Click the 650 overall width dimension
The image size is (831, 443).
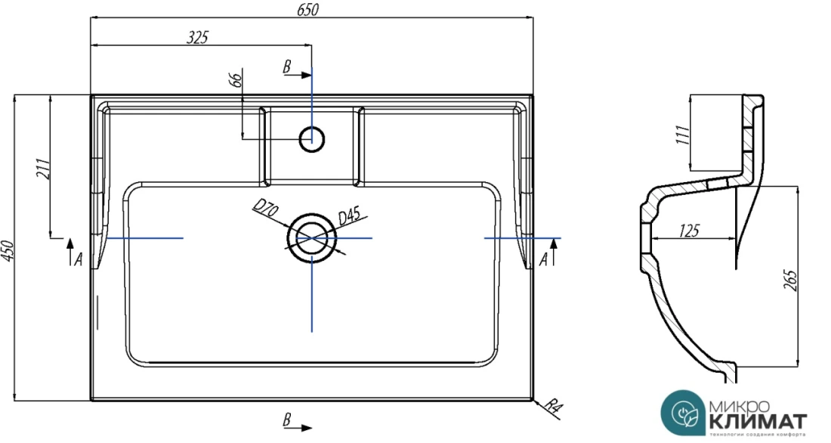pyautogui.click(x=310, y=9)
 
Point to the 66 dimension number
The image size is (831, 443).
pyautogui.click(x=236, y=80)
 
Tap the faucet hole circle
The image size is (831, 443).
pyautogui.click(x=311, y=138)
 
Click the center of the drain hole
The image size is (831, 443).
pyautogui.click(x=311, y=237)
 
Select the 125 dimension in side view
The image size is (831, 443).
pyautogui.click(x=688, y=231)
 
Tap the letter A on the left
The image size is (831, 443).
pyautogui.click(x=77, y=259)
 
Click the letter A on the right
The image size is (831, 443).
pyautogui.click(x=544, y=259)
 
